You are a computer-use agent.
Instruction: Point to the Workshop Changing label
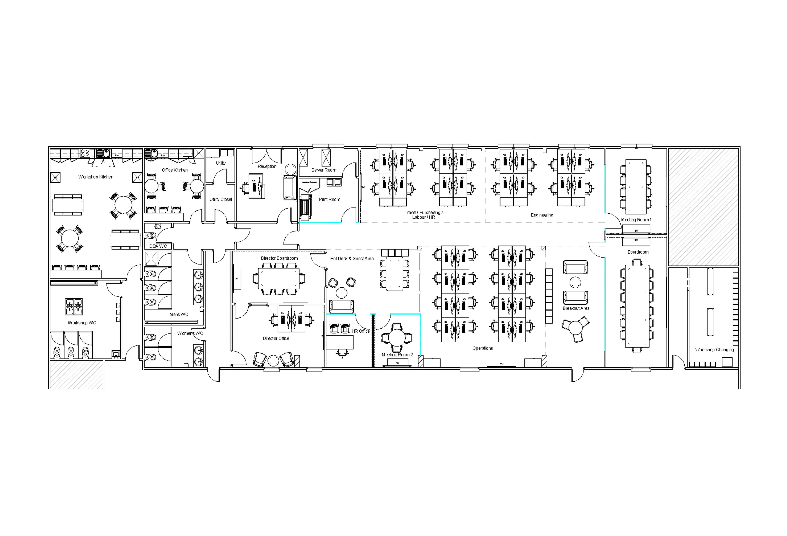tap(714, 350)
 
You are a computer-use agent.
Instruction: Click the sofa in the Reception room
tap(290, 188)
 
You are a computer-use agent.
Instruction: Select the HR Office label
tap(360, 331)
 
